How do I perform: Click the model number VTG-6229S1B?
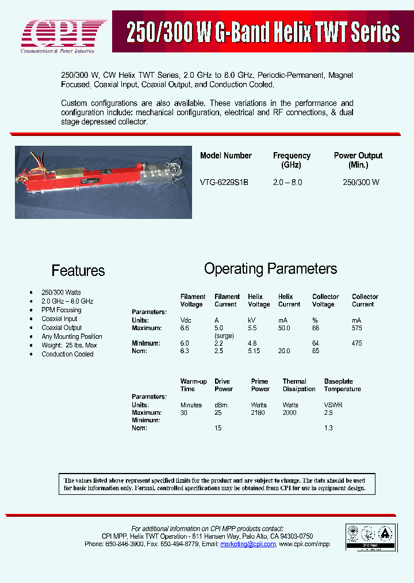click(224, 182)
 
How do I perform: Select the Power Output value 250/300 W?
click(361, 182)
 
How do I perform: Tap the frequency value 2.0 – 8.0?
click(287, 182)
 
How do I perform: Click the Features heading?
click(78, 271)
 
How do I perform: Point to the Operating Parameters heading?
click(270, 269)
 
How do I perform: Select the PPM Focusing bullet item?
click(61, 310)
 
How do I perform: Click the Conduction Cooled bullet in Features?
click(67, 354)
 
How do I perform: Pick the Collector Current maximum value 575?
click(357, 328)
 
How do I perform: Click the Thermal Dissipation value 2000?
click(290, 412)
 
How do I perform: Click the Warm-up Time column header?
click(193, 385)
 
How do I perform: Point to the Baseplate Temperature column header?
click(342, 385)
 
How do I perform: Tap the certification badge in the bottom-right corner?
click(370, 539)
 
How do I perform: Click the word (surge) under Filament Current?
click(224, 335)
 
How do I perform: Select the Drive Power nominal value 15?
click(218, 428)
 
